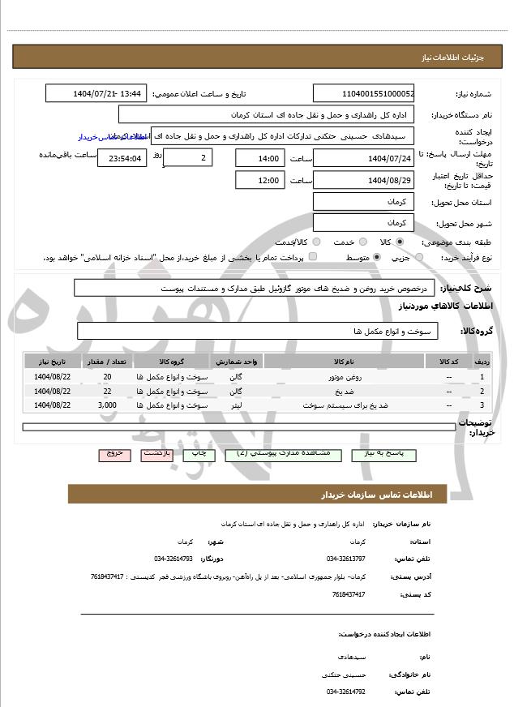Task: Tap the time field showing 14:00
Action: point(259,158)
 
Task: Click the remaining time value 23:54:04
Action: point(122,158)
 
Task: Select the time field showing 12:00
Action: point(259,180)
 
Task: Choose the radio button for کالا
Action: point(400,242)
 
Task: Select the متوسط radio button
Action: point(377,257)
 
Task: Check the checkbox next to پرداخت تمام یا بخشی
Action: point(313,257)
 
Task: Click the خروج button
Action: point(114,455)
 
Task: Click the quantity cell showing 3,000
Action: point(107,403)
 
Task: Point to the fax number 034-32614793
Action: point(173,559)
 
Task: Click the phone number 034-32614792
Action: point(346,692)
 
